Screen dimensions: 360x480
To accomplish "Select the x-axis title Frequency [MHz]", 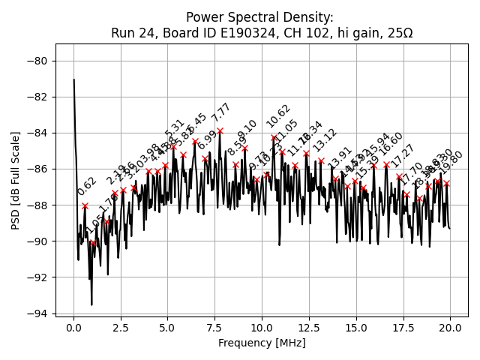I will pos(262,343).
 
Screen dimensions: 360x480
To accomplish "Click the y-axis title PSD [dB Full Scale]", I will pos(16,180).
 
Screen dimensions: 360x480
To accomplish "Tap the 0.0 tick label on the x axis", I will pos(73,328).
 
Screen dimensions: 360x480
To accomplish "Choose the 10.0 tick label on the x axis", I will pos(262,328).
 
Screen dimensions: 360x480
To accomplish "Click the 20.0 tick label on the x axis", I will pos(450,328).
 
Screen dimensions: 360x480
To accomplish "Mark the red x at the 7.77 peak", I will pos(220,130).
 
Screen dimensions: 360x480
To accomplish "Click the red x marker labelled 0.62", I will pos(85,205).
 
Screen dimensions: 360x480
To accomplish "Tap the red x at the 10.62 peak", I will pos(274,138).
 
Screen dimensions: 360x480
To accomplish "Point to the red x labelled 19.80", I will pos(446,183).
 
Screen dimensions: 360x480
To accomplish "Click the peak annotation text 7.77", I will pos(221,113).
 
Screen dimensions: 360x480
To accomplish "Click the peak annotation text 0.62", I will pos(87,187).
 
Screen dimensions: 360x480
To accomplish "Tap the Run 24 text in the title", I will pos(132,33).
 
